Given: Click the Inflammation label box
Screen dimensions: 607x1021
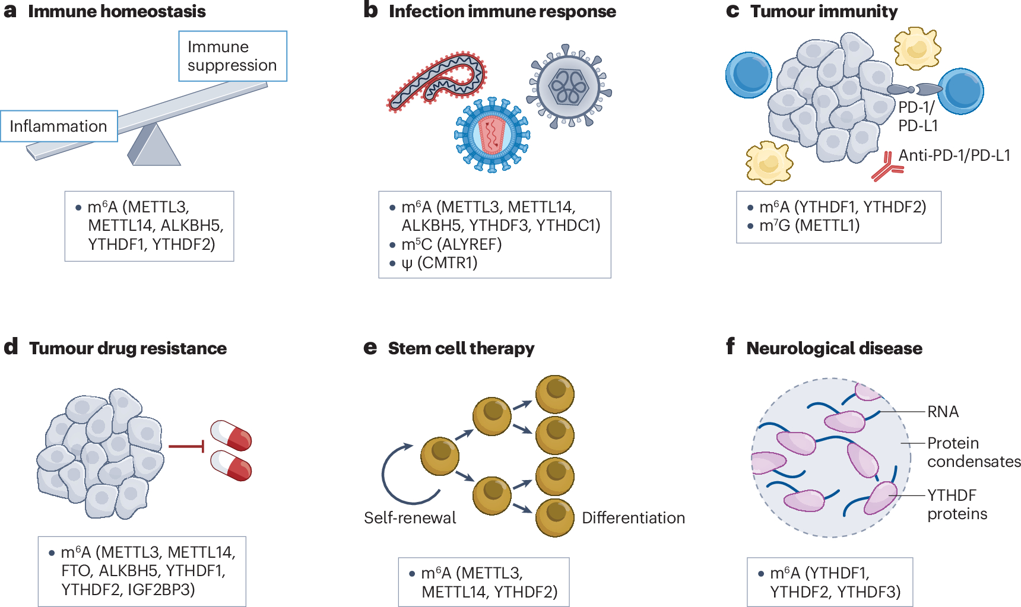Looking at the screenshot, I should coord(59,126).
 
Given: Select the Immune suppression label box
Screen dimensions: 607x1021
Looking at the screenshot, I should coord(232,56).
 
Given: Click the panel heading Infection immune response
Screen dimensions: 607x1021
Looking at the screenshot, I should coord(502,11).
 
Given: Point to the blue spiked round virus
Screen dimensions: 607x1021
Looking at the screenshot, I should coord(492,135).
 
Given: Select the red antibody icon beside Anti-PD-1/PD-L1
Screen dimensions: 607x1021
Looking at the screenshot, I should coord(887,167).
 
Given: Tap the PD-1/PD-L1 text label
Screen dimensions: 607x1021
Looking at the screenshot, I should coord(918,116).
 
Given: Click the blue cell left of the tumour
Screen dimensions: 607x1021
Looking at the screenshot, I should coord(749,75).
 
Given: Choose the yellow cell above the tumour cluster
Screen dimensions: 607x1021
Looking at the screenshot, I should coord(917,47).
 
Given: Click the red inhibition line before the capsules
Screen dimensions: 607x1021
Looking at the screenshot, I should coord(186,446).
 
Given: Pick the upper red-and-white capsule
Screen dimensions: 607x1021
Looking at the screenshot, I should coord(231,435).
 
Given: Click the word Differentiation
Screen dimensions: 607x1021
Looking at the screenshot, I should coord(633,518).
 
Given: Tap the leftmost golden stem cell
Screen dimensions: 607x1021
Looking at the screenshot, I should coord(440,456).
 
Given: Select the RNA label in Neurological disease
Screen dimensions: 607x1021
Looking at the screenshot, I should coord(943,412).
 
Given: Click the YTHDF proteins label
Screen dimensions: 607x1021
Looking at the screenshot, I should coord(957,504).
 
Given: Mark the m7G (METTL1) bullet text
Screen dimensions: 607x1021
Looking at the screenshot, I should coord(809,225).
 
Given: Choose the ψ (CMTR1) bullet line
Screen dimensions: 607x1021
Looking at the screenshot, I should coord(439,263).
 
